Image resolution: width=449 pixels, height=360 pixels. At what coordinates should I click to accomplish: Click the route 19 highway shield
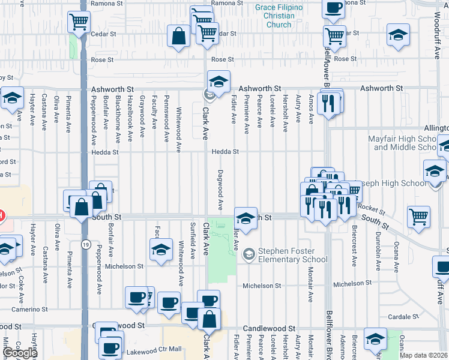point(87,244)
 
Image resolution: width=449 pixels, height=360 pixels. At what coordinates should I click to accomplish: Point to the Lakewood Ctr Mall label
point(157,349)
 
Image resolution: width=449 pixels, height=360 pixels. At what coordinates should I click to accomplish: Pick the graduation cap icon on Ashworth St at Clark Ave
point(218,81)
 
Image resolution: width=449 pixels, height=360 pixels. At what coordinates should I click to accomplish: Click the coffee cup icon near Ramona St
point(333,8)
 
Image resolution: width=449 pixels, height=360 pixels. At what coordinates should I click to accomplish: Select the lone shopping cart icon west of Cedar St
point(79,22)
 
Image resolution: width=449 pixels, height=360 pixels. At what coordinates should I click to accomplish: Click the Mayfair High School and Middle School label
point(408,143)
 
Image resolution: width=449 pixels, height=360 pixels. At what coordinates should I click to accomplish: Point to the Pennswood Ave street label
point(167,118)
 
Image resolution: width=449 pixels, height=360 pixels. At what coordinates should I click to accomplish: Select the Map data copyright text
point(424,355)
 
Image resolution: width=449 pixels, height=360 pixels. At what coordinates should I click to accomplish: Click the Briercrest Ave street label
point(354,246)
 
